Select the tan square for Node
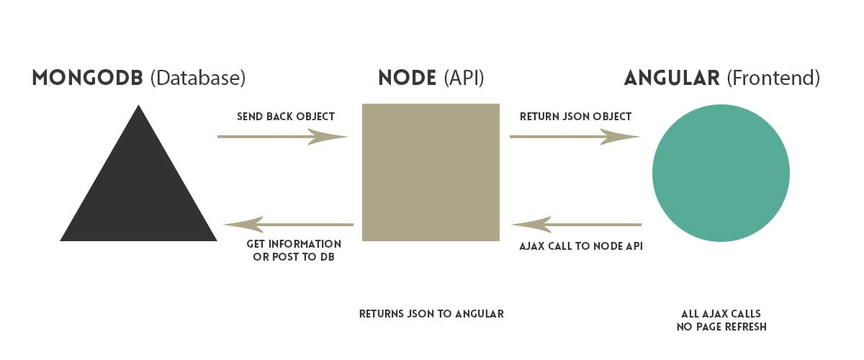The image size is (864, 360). pos(430,172)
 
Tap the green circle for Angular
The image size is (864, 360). pos(721,173)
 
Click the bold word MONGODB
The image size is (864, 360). pos(88,78)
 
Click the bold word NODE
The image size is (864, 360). pos(407,78)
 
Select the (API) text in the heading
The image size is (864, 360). pos(464,78)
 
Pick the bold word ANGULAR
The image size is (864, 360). pos(672,78)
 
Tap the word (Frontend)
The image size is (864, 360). pos(773,78)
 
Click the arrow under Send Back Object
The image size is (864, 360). pos(283,136)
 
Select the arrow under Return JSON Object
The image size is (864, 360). pos(575,136)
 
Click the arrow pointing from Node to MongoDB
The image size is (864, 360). pos(288,225)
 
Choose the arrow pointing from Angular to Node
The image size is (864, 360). pos(577,225)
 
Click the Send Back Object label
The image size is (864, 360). pos(286,117)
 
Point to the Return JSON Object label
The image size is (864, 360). pos(575,117)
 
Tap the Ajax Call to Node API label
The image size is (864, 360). pos(581,246)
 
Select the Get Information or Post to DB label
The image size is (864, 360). pos(294,251)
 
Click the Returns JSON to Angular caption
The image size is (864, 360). pos(431,314)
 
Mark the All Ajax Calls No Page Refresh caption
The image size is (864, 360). pos(721,320)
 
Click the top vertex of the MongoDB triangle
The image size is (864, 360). pos(138,107)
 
